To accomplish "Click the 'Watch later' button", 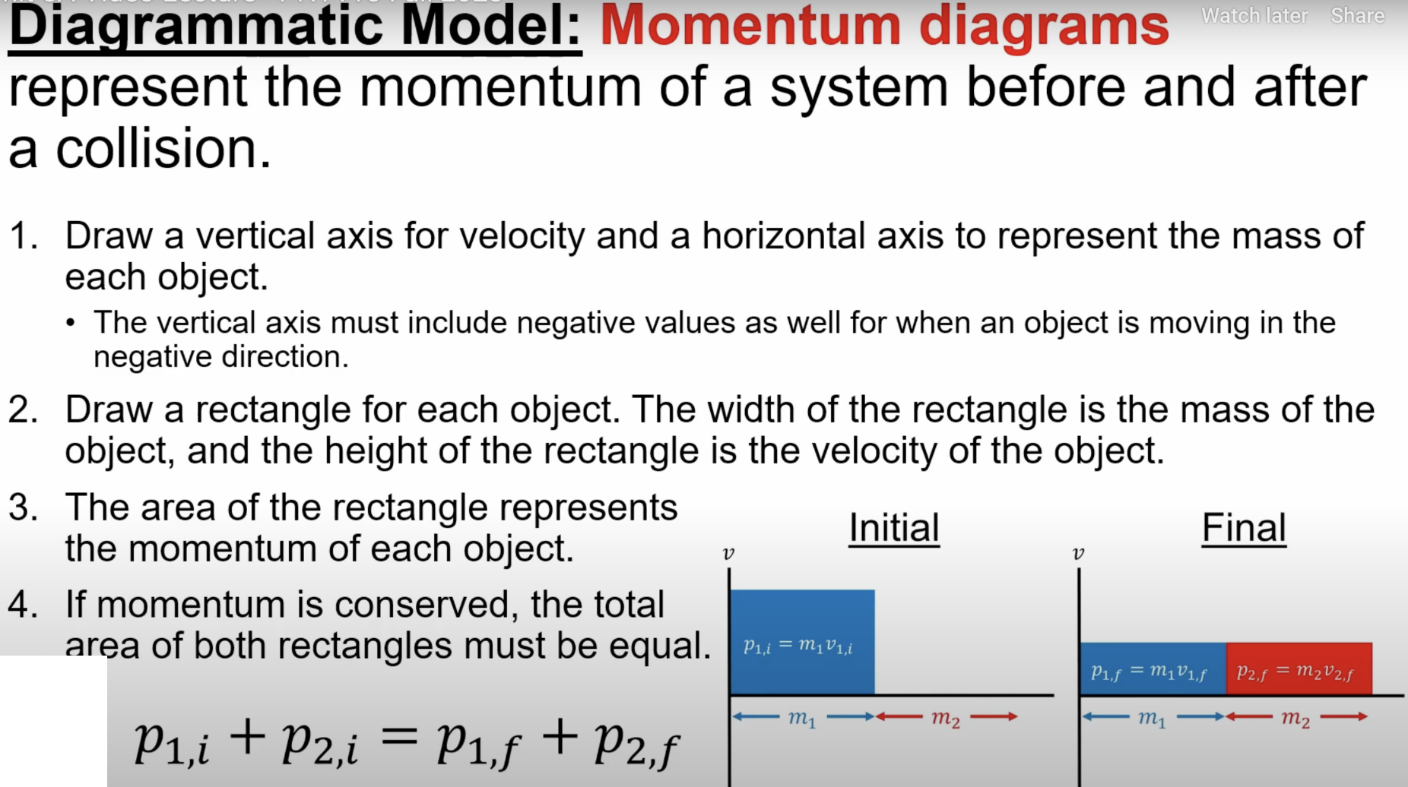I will point(1254,16).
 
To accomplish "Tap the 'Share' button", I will point(1357,16).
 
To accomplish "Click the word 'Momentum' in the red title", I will point(750,26).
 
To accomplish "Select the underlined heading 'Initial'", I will point(894,528).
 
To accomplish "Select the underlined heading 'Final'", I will point(1244,528).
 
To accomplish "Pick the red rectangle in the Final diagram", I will point(1299,668).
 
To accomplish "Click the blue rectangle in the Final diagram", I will point(1153,668).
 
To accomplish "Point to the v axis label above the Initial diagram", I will point(728,554).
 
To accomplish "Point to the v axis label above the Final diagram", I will point(1078,554).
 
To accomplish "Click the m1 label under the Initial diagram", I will point(802,717).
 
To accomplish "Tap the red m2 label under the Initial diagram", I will point(946,717).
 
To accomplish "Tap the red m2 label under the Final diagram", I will point(1295,717).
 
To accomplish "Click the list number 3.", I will point(23,507).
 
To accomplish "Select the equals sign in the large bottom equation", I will point(398,735).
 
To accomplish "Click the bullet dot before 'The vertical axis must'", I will point(71,324).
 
